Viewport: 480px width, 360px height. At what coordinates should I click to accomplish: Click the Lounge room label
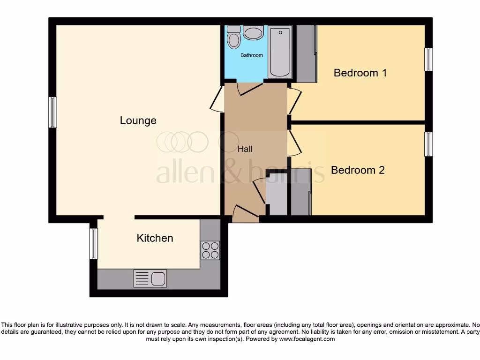[138, 120]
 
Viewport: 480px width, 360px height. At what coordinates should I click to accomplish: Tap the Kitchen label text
[155, 238]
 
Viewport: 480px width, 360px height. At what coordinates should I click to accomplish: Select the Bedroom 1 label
[360, 73]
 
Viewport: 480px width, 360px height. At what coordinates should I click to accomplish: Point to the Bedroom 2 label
[358, 170]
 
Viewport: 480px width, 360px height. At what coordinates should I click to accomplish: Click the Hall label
[245, 149]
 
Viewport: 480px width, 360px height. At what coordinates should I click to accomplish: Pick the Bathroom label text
[252, 55]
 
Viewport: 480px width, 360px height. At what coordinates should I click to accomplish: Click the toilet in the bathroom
[233, 37]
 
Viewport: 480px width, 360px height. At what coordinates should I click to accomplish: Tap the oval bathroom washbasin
[254, 33]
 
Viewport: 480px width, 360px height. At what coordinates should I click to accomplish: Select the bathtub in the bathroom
[280, 52]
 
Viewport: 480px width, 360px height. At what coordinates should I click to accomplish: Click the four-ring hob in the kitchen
[210, 250]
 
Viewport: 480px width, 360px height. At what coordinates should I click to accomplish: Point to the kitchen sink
[150, 278]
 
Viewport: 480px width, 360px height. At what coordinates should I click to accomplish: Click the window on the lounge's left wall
[52, 112]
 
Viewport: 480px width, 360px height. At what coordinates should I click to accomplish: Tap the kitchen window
[94, 244]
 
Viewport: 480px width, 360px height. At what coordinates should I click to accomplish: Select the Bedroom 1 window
[428, 60]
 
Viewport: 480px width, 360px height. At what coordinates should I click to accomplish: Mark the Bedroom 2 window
[428, 144]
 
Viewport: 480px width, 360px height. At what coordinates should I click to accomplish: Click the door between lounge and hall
[217, 99]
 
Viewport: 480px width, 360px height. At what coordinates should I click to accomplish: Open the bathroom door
[250, 89]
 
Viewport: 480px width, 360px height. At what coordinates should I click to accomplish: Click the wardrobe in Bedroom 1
[307, 53]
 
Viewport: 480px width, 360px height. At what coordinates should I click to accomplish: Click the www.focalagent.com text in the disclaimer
[307, 338]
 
